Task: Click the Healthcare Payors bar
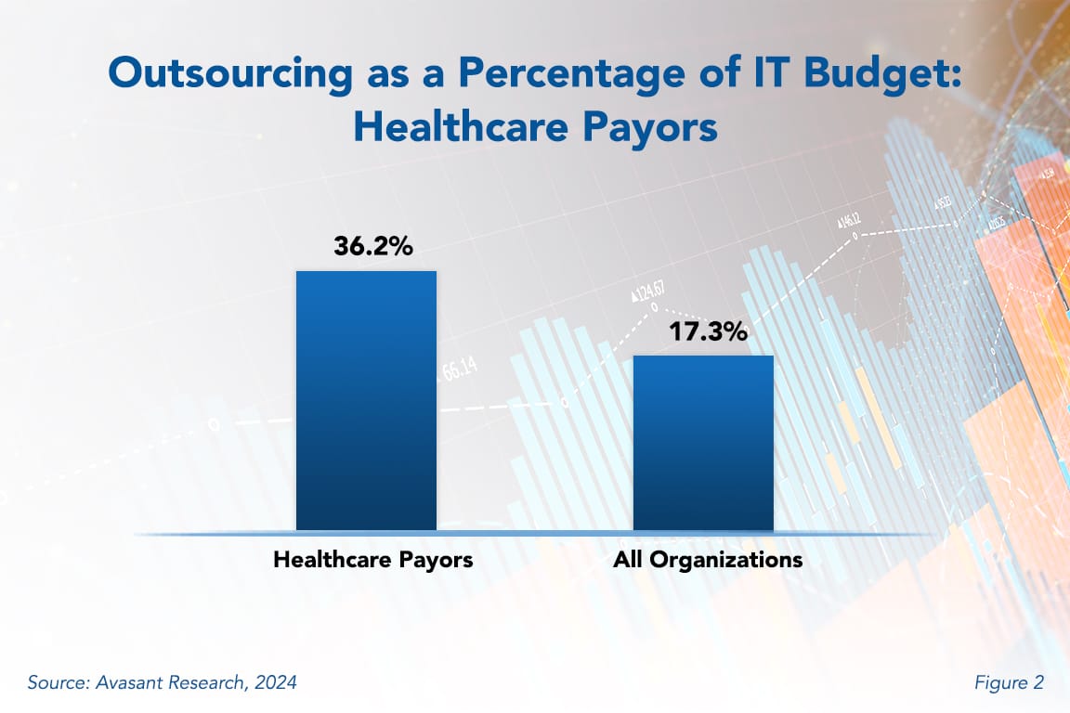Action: (366, 401)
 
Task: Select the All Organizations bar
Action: (703, 444)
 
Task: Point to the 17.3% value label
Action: (708, 331)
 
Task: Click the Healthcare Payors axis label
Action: (372, 560)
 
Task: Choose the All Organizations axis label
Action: (708, 560)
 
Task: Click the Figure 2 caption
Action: (1009, 683)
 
